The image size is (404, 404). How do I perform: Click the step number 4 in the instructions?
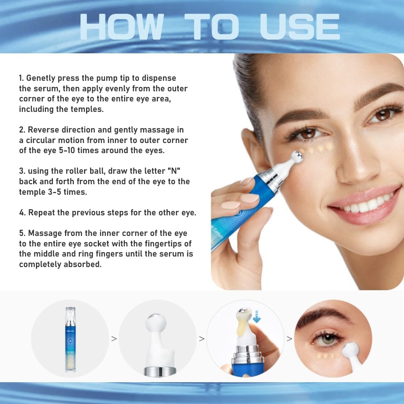pos(21,213)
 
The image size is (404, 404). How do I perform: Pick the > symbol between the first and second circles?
pos(114,339)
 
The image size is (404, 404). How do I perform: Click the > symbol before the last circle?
pos(289,339)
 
